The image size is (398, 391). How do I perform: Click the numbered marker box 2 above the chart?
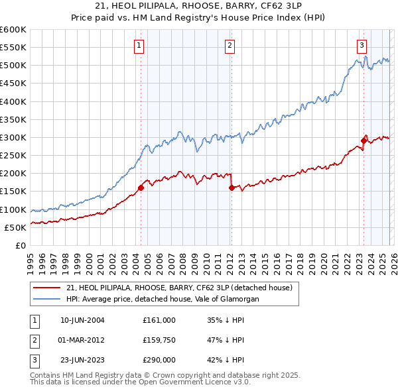[x=230, y=46]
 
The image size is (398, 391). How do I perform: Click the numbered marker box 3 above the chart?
[x=362, y=46]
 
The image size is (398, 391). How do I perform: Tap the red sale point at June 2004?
[x=141, y=188]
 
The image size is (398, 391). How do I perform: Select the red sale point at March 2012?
[x=231, y=188]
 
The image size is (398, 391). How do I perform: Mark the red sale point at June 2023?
[x=364, y=140]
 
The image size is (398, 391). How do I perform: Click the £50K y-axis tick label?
[x=16, y=227]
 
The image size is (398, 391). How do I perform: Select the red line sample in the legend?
[x=47, y=288]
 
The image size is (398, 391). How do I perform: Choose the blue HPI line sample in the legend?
[x=47, y=299]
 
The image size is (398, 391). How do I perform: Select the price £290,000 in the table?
[x=159, y=361]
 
